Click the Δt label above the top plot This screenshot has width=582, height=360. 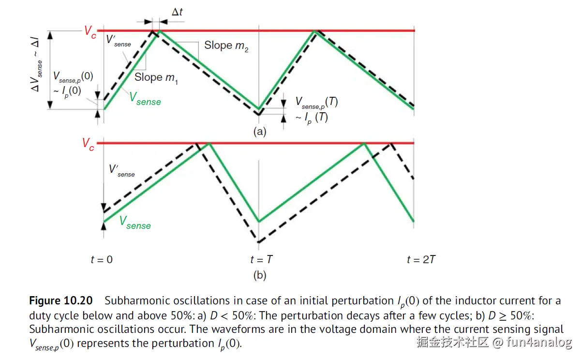tap(177, 11)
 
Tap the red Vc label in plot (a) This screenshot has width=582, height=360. tap(90, 32)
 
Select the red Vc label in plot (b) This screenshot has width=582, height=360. tap(88, 144)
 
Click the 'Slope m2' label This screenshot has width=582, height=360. tap(226, 46)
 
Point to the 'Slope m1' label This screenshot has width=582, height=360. tap(156, 77)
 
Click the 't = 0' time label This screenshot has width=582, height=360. tap(102, 260)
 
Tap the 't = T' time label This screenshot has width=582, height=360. tap(261, 260)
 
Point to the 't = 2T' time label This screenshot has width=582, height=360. tap(421, 260)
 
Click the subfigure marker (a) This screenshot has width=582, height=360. tap(260, 131)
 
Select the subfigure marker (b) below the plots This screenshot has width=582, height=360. tap(260, 275)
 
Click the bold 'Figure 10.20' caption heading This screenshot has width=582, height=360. tap(60, 300)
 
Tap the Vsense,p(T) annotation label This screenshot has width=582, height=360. tap(316, 103)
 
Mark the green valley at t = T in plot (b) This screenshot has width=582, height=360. tap(259, 222)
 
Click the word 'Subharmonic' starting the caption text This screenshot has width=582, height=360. tap(134, 300)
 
